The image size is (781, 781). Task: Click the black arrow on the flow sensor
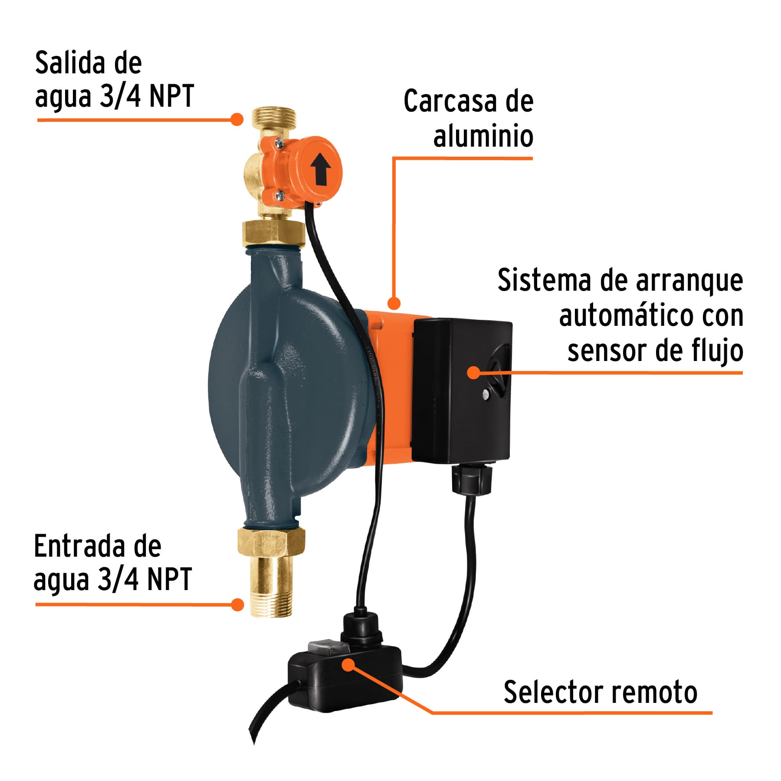pyautogui.click(x=321, y=169)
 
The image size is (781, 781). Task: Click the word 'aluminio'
pyautogui.click(x=483, y=136)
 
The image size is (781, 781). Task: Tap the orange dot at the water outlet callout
pyautogui.click(x=236, y=119)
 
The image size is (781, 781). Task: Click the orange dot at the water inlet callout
pyautogui.click(x=237, y=604)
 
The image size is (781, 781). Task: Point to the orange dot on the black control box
pyautogui.click(x=474, y=372)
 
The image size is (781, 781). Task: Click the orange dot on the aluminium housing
pyautogui.click(x=394, y=303)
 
